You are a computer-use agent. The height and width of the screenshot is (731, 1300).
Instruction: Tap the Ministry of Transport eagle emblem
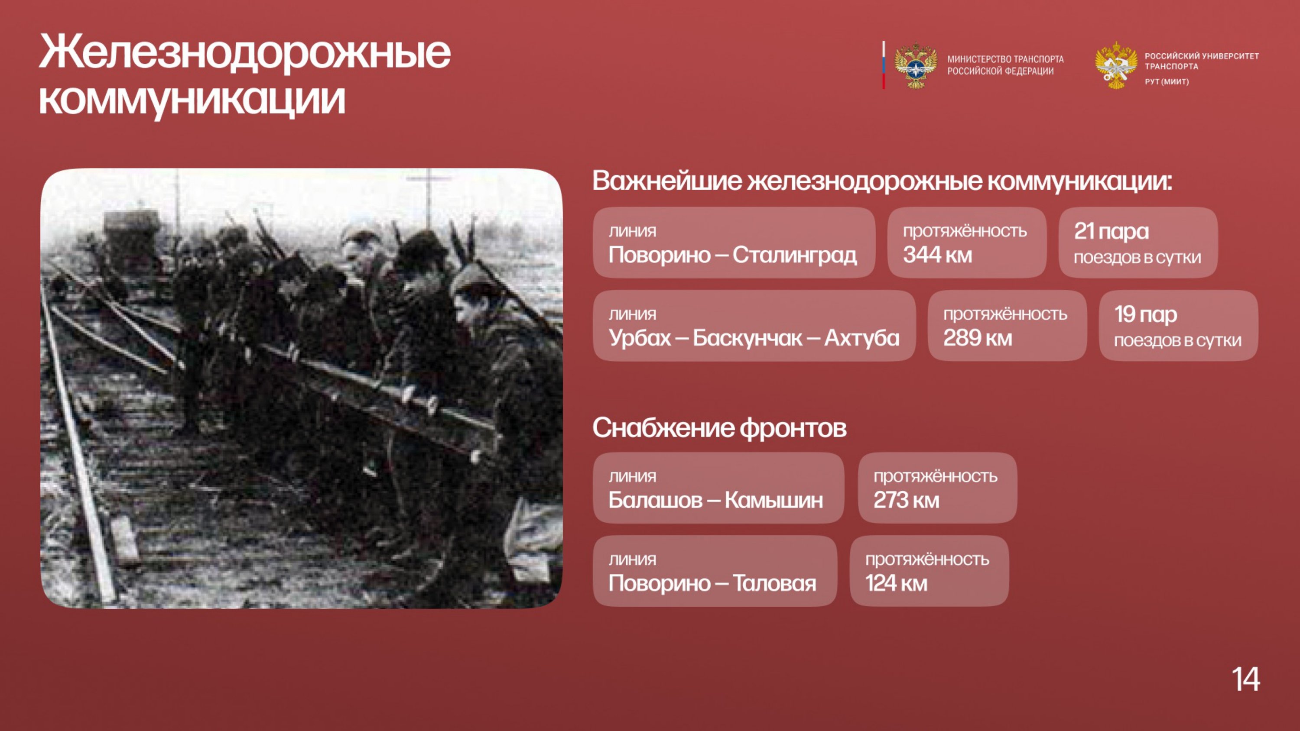click(916, 65)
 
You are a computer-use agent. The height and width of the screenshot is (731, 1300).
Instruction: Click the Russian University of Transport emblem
click(1116, 65)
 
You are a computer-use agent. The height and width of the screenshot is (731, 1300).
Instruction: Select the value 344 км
click(937, 255)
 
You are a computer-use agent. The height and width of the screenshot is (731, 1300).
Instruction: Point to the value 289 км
click(978, 338)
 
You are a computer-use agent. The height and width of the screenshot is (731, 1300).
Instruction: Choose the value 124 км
click(896, 583)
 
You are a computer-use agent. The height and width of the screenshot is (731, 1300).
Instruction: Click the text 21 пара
click(1111, 232)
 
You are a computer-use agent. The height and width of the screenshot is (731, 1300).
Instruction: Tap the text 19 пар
click(1146, 315)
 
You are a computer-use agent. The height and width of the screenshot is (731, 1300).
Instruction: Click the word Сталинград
click(794, 255)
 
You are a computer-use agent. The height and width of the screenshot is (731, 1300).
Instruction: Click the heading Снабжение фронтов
click(719, 428)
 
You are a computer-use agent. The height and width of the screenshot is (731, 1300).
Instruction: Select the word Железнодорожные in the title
click(245, 52)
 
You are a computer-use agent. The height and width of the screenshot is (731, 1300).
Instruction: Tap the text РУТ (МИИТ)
click(1167, 82)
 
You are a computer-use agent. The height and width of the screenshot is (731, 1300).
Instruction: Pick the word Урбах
click(640, 339)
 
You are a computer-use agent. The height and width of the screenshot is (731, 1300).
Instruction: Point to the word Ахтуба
click(861, 339)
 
